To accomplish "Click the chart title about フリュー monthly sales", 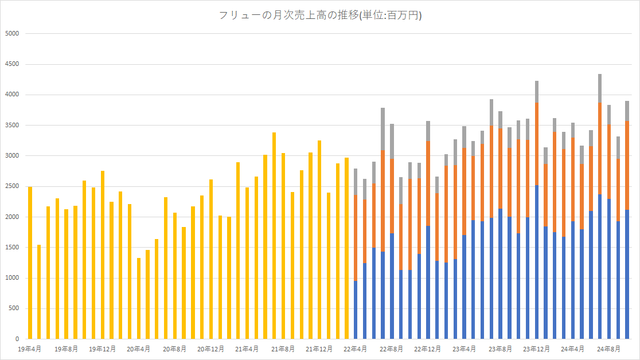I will click(320, 15).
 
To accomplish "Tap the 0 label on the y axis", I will click(17, 339).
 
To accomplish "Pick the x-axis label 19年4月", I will click(29, 349).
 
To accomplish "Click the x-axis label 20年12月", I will click(211, 349).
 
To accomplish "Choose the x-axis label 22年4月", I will click(356, 349).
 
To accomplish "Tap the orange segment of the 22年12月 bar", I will click(428, 183).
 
